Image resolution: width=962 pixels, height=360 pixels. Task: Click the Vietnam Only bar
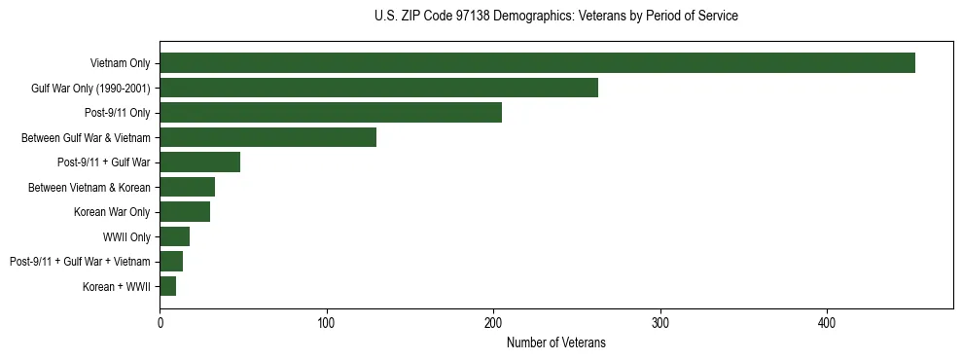(537, 63)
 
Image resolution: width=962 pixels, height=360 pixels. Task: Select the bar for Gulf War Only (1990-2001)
(378, 88)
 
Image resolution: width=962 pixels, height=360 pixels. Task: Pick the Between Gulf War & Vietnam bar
(267, 137)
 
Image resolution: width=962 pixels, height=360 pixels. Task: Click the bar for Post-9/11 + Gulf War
(199, 162)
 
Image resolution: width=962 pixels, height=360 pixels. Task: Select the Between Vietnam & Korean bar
(187, 187)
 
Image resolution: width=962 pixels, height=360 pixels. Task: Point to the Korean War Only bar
(185, 212)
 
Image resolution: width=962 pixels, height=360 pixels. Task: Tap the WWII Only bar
(174, 236)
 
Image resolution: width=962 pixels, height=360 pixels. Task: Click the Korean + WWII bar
(167, 286)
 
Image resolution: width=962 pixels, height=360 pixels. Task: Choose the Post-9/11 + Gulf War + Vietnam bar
(171, 262)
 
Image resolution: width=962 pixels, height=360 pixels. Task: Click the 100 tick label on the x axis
(327, 322)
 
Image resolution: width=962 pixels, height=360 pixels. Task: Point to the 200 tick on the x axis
(493, 322)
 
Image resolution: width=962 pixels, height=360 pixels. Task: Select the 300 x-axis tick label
(660, 322)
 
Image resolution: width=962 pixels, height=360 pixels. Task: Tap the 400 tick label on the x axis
(827, 322)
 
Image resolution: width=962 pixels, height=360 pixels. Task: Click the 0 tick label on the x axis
(160, 322)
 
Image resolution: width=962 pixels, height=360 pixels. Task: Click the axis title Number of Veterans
(555, 342)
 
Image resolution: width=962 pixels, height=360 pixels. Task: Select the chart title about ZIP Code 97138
(555, 17)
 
